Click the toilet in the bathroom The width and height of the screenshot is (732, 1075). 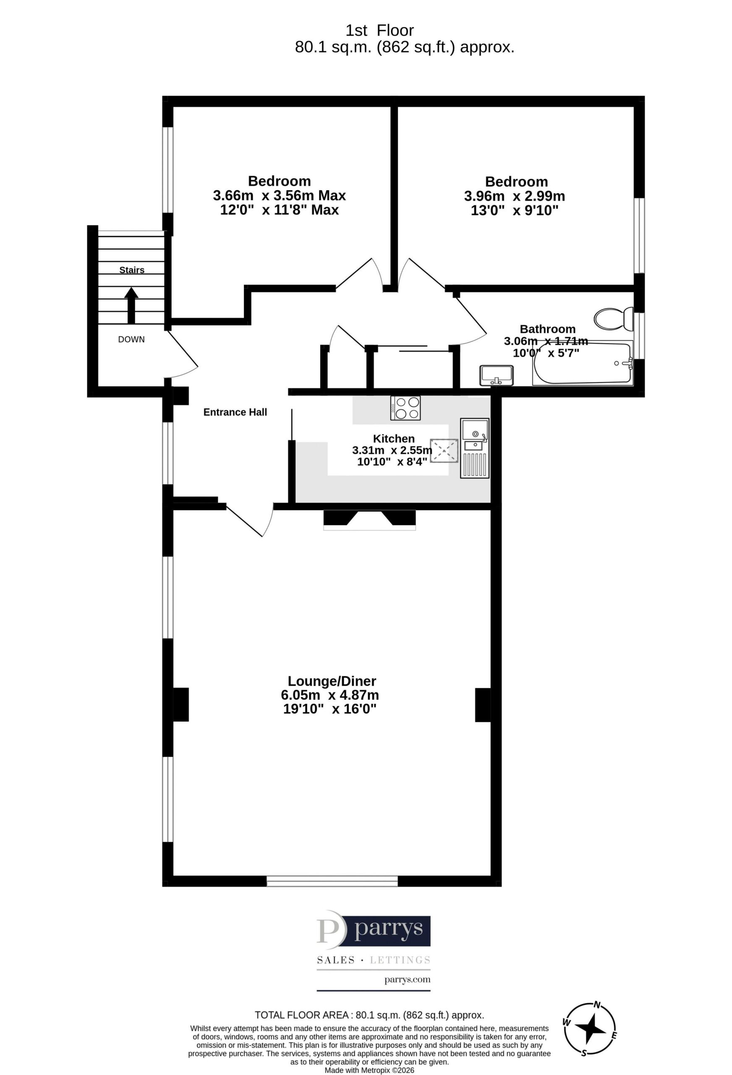(613, 319)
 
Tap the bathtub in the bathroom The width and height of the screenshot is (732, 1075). (582, 364)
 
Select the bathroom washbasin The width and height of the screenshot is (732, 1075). (497, 375)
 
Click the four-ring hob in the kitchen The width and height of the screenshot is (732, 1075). (405, 408)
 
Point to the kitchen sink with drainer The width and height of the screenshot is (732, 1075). (474, 448)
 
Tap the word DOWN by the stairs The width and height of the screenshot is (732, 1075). (131, 340)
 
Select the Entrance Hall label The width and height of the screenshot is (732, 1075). (235, 412)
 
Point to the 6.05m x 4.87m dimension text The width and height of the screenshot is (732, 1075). (330, 695)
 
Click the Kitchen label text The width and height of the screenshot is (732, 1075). (394, 438)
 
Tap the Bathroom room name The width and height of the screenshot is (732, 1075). (547, 329)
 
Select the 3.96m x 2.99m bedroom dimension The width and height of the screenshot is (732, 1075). (515, 197)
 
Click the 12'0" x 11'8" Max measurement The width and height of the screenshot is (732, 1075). (279, 210)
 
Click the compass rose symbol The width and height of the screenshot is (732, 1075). (590, 1031)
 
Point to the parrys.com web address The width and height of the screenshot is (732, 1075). (408, 979)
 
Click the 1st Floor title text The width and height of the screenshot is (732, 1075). (380, 31)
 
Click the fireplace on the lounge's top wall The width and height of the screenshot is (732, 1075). (369, 519)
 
